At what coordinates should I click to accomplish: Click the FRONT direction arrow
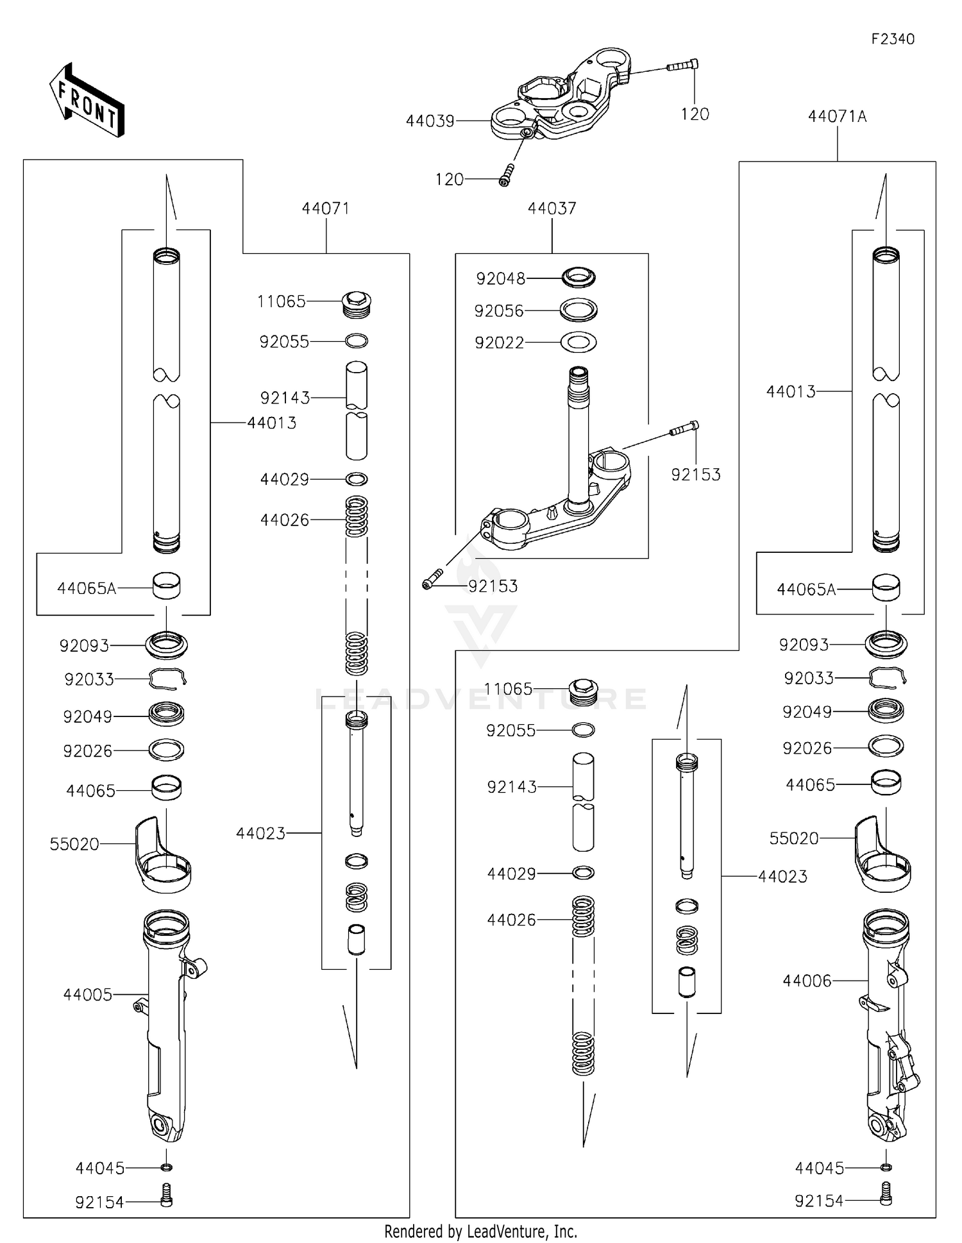(x=87, y=101)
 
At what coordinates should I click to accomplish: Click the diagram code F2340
(x=892, y=39)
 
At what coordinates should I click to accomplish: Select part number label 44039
(x=430, y=121)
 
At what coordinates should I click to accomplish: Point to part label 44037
(x=552, y=208)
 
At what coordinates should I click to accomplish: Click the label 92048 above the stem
(x=500, y=278)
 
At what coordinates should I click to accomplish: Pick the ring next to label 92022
(x=578, y=342)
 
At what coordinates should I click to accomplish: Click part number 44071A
(x=837, y=117)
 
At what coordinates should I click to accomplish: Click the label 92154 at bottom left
(x=99, y=1203)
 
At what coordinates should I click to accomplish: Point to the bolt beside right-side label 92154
(x=886, y=1194)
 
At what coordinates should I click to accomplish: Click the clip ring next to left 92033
(x=167, y=678)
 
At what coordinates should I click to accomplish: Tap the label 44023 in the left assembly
(x=260, y=833)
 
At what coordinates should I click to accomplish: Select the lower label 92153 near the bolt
(x=493, y=586)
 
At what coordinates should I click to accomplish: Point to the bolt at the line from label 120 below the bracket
(x=507, y=174)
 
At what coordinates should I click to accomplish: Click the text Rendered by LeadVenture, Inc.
(x=480, y=1231)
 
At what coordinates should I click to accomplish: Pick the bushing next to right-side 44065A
(x=886, y=587)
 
